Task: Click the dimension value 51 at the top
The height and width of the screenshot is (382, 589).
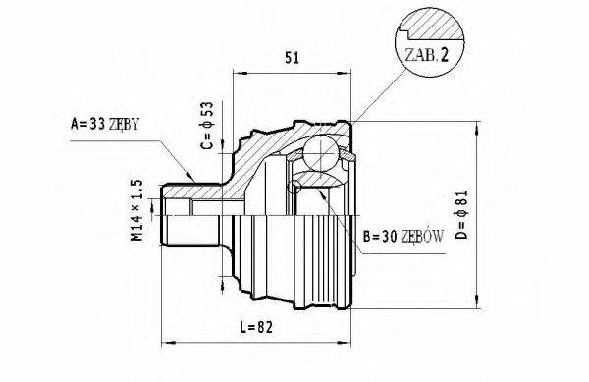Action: coord(292,56)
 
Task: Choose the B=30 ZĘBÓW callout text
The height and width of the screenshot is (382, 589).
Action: coord(403,237)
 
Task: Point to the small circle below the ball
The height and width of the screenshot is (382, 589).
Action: coord(295,187)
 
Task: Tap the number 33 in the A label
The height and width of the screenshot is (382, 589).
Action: coord(93,125)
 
